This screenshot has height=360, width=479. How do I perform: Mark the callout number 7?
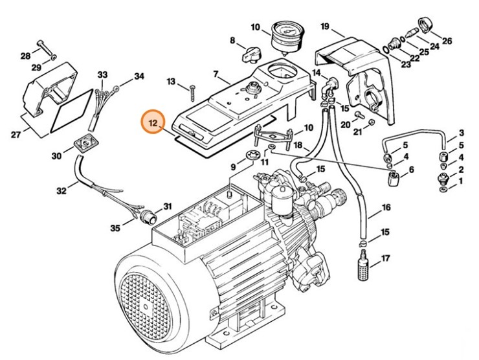[x=216, y=75]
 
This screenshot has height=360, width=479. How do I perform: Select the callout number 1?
[x=462, y=182]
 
